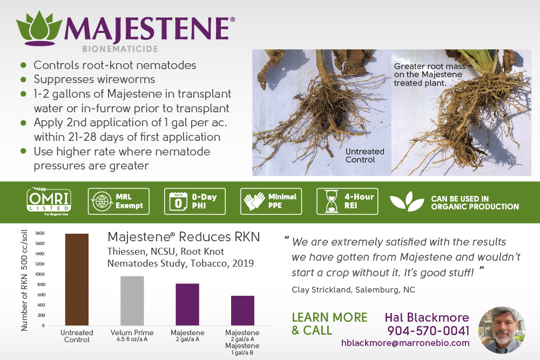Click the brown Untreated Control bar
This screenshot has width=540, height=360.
pos(77,280)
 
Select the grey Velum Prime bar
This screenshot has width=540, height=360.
pos(132,301)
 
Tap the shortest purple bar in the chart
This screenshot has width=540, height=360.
pos(243,310)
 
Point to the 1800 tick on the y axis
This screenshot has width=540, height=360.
pos(40,233)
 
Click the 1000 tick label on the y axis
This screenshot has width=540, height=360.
pos(40,274)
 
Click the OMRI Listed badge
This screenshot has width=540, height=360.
pos(49,201)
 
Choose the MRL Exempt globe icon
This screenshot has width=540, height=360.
pos(102,201)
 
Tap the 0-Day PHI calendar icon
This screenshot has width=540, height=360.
pos(178,202)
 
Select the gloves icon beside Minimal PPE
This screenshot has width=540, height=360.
pos(254,201)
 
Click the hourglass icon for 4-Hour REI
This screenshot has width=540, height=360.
pos(332,201)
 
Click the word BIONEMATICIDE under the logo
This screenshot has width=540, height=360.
pos(120,49)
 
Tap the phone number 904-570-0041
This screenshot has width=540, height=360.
pos(428,331)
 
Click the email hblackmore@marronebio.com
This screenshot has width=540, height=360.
pos(406,343)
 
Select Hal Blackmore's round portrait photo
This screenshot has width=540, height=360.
pos(502,330)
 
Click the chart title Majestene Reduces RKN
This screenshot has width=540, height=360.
pos(184,237)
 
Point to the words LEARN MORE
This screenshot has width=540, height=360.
pos(329,317)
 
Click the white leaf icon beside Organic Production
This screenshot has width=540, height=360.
pos(407,201)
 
